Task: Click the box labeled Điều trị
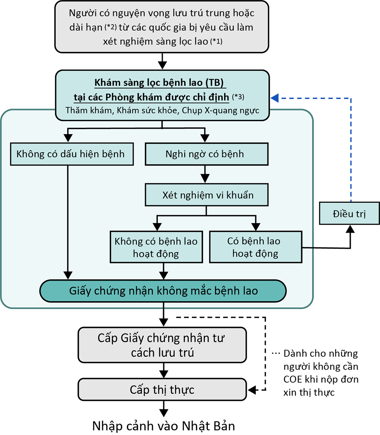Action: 350,213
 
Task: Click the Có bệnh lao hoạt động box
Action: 255,247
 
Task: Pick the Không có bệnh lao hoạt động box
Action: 156,247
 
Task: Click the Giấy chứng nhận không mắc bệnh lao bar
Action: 163,291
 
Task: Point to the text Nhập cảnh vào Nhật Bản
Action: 163,426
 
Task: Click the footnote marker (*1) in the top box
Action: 216,43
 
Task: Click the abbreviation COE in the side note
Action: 293,379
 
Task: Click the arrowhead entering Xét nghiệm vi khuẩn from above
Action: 205,179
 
